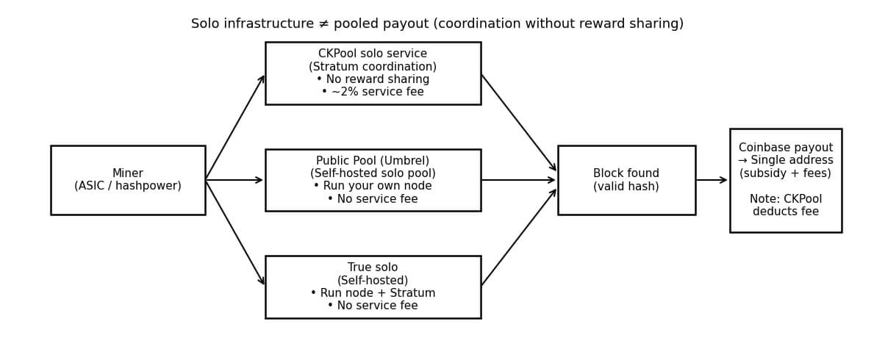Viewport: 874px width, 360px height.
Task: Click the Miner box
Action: [x=127, y=180]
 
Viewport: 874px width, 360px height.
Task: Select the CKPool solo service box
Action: [x=373, y=73]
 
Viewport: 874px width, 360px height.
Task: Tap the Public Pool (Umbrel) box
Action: [x=373, y=180]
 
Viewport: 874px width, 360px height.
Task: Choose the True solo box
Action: [x=373, y=287]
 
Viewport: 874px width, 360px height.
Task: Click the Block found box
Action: [x=626, y=180]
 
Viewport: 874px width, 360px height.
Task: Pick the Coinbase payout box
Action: [x=785, y=180]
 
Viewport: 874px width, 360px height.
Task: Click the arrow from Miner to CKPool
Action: [x=235, y=127]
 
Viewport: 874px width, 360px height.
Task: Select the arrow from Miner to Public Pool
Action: [x=235, y=180]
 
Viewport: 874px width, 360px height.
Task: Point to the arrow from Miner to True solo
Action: [x=235, y=233]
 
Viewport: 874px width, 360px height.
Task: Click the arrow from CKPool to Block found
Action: [x=519, y=123]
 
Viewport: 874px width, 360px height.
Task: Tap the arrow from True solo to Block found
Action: [x=519, y=237]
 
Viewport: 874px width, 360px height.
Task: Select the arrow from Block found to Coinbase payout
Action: [x=712, y=180]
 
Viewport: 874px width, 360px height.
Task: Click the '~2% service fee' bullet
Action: [x=373, y=93]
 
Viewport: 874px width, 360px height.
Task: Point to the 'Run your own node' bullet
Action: [x=373, y=187]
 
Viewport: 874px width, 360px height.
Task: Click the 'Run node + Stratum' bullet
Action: [x=373, y=293]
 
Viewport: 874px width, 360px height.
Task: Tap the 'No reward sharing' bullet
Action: [x=373, y=79]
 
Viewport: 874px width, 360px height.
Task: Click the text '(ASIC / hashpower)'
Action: [x=127, y=187]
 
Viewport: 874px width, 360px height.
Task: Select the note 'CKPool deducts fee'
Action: [x=785, y=206]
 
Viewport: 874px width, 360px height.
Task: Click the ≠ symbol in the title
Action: [x=323, y=24]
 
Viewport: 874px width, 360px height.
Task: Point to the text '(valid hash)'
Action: [x=626, y=187]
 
